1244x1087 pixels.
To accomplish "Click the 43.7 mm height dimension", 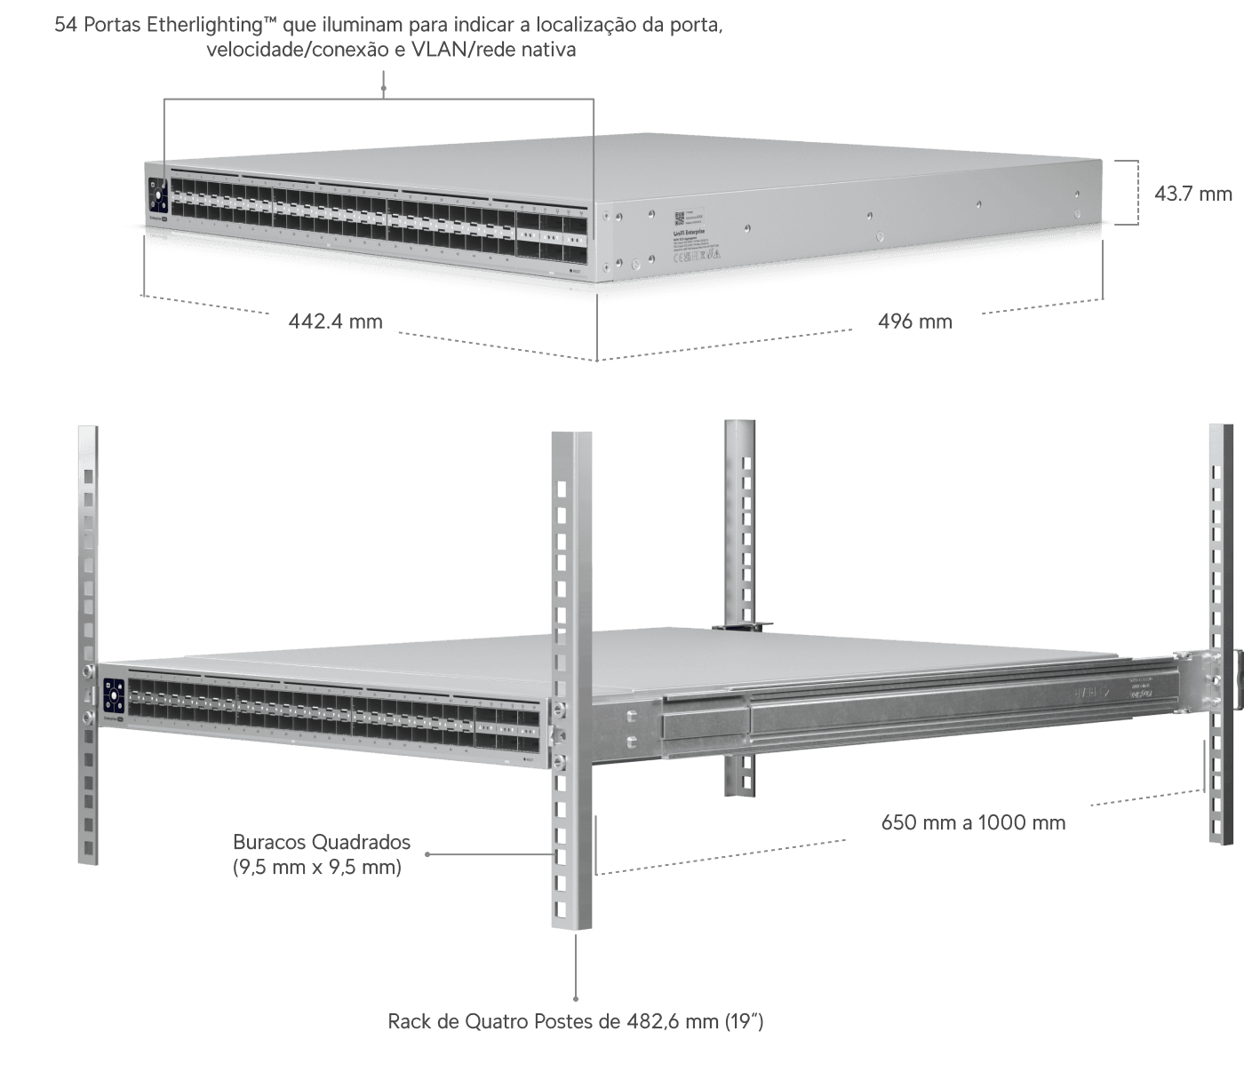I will tap(1192, 193).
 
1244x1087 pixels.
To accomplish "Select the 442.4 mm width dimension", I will tap(335, 321).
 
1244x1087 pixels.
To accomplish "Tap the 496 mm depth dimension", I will tap(914, 321).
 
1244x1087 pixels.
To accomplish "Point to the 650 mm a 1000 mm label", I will tap(973, 822).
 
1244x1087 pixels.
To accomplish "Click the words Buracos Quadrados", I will tap(322, 842).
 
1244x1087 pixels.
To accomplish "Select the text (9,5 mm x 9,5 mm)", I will tap(317, 867).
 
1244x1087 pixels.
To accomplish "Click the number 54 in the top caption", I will tap(66, 25).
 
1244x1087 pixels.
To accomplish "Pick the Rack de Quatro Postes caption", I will tap(576, 1021).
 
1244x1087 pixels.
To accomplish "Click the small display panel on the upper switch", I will tap(158, 196).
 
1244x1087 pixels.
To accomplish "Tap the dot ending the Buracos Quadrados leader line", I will tap(428, 855).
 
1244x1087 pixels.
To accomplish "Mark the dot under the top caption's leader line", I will tap(384, 88).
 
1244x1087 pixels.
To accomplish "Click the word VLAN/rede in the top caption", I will tap(455, 50).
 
